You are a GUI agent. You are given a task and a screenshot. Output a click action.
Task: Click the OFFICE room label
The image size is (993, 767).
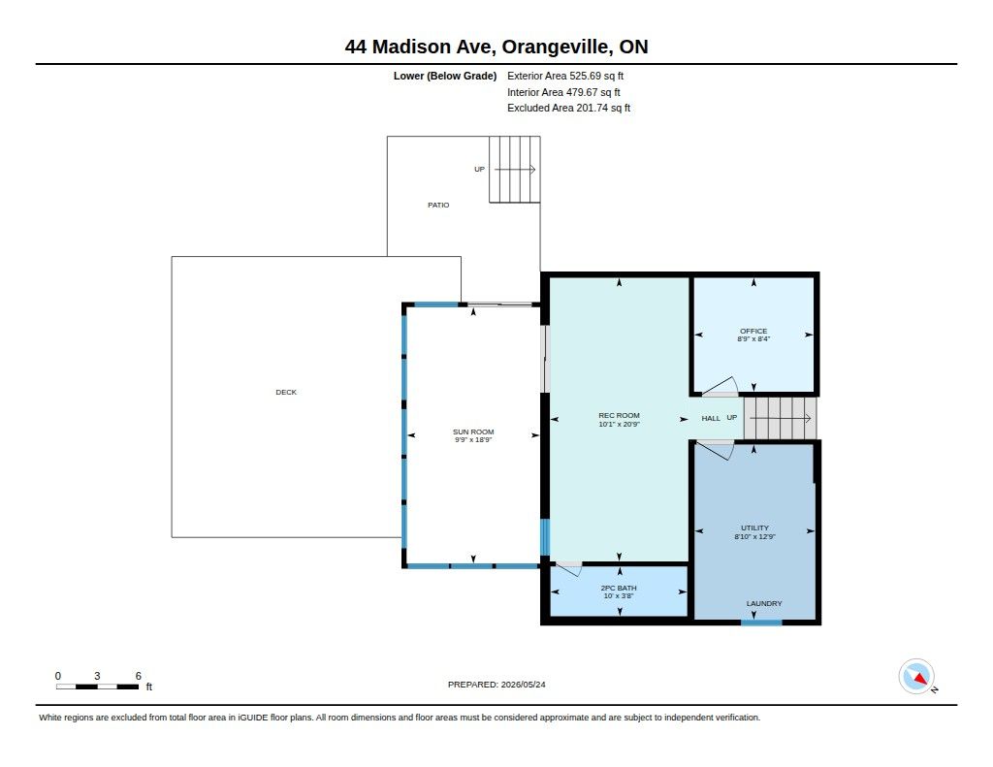tap(753, 332)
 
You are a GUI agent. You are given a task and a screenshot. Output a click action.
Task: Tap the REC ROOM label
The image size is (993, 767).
tap(619, 415)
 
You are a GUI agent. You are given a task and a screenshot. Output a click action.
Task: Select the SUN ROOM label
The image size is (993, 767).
tap(473, 431)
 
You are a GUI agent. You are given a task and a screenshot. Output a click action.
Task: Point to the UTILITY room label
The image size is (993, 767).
tap(754, 528)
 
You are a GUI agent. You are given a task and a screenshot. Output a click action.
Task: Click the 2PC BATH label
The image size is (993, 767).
tap(619, 589)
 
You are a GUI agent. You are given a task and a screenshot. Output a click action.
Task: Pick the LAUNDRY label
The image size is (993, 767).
tap(764, 603)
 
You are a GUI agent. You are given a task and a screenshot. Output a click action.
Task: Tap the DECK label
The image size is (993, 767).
tap(286, 392)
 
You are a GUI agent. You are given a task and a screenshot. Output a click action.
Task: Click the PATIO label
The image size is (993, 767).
tap(438, 206)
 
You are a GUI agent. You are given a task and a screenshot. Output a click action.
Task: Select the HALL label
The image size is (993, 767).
tap(711, 419)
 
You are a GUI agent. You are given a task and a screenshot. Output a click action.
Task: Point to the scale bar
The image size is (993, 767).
tap(97, 687)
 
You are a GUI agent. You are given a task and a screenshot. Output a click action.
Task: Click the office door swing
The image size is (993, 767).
tap(721, 387)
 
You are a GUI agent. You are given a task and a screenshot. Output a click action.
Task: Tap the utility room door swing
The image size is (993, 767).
tap(715, 450)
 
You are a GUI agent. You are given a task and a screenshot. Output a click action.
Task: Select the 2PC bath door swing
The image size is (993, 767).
tap(568, 569)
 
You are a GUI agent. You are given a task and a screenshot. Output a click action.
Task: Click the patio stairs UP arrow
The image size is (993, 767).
tap(515, 169)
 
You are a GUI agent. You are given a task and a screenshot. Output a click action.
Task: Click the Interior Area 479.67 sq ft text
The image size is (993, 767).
tap(563, 92)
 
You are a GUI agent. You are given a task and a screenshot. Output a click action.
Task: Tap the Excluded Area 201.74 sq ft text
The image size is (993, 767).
tap(568, 109)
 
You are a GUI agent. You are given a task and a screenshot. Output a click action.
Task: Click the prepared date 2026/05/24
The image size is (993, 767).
tap(523, 685)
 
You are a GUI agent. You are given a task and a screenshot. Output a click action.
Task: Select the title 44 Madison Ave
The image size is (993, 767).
tap(421, 47)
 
